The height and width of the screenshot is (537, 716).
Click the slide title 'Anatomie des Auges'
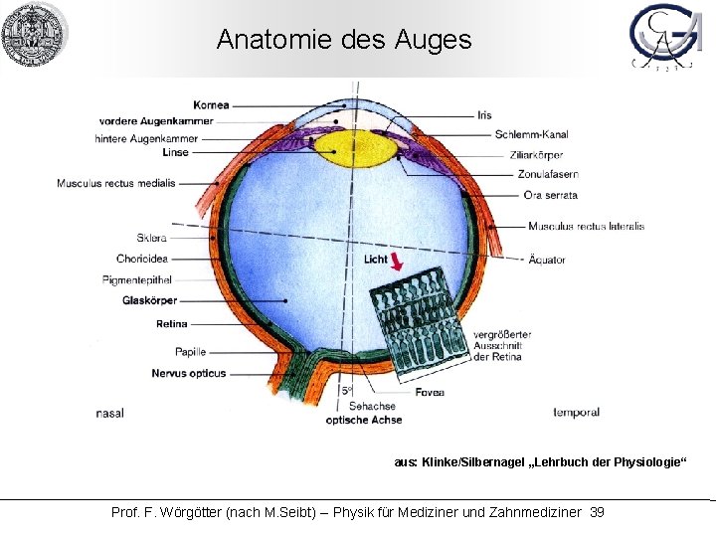coord(343,40)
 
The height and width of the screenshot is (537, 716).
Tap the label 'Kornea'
coord(212,104)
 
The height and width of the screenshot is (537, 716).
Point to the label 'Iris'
coord(484,115)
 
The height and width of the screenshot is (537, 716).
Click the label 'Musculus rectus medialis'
coord(115,183)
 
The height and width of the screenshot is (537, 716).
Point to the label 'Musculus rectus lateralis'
coord(586,226)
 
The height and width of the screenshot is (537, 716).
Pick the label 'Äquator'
coord(547,259)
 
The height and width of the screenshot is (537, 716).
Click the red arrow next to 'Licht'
coord(398,262)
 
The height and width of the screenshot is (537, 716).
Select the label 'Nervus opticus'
coord(188,374)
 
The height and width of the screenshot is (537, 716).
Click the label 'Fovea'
coord(431,392)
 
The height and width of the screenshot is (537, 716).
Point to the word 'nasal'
coord(110,412)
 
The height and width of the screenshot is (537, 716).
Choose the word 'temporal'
coord(578,412)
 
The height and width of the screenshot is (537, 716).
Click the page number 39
coord(597,512)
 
